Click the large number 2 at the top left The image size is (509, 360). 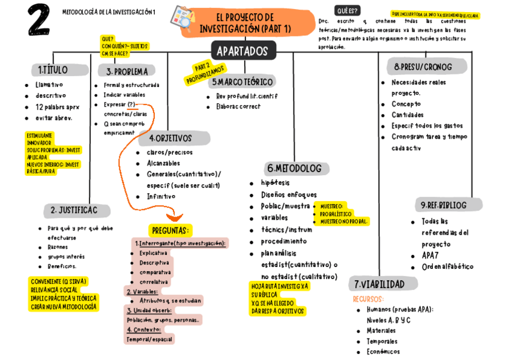38,23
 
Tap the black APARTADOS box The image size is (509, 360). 243,51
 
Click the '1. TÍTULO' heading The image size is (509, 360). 53,70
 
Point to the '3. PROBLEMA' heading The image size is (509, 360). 127,71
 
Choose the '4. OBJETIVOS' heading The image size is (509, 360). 174,138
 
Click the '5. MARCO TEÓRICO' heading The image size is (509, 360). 242,82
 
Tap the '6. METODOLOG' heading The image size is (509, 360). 294,169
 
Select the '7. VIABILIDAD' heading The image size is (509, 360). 379,284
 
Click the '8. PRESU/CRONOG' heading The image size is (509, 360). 423,67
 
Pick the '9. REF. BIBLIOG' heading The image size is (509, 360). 444,205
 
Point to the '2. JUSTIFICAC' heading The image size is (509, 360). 77,211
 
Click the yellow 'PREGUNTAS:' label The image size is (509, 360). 170,230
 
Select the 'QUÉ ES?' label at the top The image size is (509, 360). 348,11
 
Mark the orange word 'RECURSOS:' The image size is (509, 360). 368,299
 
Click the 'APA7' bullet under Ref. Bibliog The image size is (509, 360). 430,256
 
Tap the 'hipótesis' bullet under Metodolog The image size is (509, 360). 275,183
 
